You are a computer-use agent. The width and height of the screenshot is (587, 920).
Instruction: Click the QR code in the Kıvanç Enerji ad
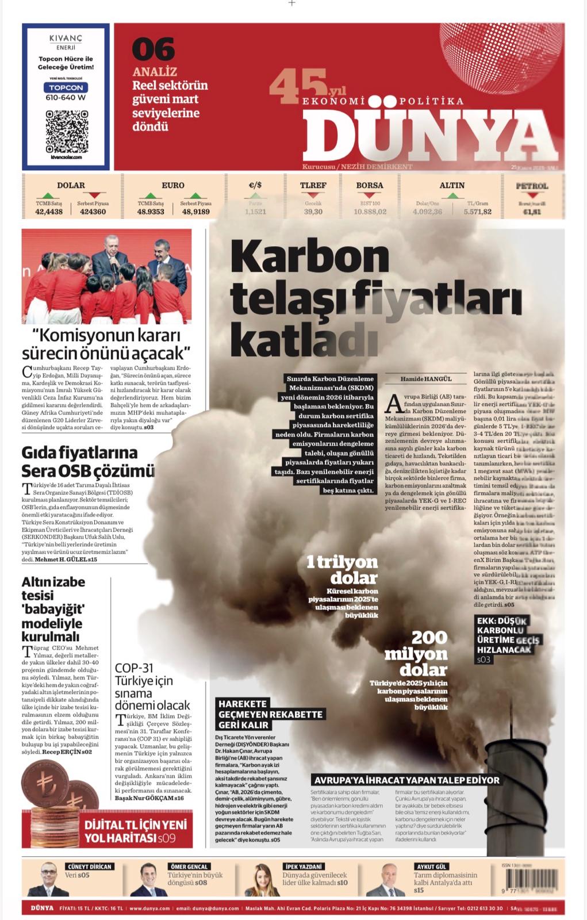66,131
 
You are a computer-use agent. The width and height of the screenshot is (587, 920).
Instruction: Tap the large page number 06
153,49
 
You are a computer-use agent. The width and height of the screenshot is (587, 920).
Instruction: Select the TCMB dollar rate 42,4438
49,212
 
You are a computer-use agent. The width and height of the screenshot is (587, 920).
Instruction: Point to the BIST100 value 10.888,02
370,212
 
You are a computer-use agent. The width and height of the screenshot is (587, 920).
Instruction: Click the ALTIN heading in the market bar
452,185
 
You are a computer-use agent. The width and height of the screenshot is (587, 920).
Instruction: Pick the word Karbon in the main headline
310,257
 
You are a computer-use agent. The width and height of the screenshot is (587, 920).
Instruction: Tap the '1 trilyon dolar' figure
342,569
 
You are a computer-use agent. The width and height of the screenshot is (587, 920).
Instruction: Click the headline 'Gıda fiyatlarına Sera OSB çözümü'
87,461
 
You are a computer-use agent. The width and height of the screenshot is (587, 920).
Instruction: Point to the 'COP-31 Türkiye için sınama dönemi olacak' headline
152,687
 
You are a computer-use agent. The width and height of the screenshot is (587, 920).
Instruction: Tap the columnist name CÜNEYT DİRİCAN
89,867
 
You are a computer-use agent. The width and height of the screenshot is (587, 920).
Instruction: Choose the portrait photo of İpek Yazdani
263,880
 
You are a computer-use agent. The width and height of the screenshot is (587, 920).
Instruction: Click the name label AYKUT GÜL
431,867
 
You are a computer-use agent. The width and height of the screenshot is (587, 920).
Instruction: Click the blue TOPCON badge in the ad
66,87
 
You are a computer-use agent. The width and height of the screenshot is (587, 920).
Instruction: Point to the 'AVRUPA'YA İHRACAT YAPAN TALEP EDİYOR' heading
406,780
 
